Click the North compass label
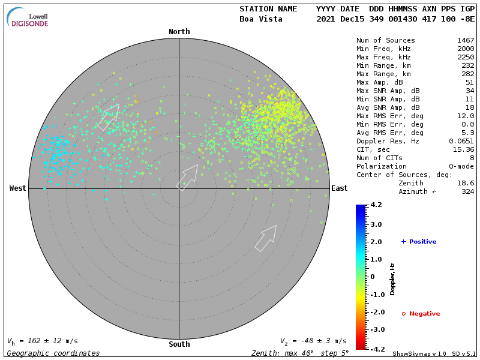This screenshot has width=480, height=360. click(x=179, y=32)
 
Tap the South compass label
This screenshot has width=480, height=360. click(x=179, y=344)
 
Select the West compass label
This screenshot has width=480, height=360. click(x=17, y=188)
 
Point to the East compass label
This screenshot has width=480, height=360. click(x=340, y=188)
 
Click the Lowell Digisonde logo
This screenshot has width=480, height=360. click(x=28, y=17)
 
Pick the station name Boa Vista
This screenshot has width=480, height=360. click(x=261, y=19)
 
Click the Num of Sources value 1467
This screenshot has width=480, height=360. click(x=465, y=40)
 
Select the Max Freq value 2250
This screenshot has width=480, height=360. click(x=465, y=57)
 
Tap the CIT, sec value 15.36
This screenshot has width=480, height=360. click(x=463, y=149)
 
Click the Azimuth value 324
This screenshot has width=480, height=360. click(x=467, y=191)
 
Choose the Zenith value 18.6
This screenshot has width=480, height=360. click(x=465, y=183)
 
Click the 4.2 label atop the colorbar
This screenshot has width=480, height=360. click(x=376, y=205)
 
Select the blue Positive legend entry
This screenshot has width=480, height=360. click(x=419, y=242)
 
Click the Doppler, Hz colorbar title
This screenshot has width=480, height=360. click(x=392, y=279)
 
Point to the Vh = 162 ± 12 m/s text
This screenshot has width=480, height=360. click(x=43, y=341)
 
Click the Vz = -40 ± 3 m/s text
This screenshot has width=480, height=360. click(x=313, y=341)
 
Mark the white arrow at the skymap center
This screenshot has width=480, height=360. click(x=187, y=177)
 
